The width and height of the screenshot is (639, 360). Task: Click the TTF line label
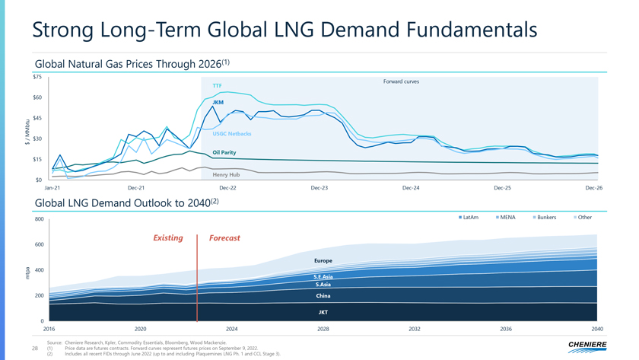(x=218, y=86)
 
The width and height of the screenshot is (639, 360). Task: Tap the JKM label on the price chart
(x=218, y=102)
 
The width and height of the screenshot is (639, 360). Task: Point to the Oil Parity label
(x=224, y=152)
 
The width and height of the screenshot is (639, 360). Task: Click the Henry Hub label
(x=226, y=174)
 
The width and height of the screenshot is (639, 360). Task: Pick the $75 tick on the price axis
(x=37, y=76)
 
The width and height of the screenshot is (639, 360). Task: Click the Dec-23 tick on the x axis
(x=319, y=187)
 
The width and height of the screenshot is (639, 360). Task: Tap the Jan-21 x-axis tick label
(x=52, y=187)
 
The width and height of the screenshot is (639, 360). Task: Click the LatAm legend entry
(x=469, y=218)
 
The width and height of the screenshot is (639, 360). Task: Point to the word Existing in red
(x=168, y=238)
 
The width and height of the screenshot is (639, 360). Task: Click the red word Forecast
(x=224, y=238)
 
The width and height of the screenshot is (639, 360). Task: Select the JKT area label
(x=323, y=312)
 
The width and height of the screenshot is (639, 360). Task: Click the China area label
(x=323, y=295)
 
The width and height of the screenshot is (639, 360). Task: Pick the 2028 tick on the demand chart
(x=323, y=329)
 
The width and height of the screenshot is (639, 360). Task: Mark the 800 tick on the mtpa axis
(x=38, y=220)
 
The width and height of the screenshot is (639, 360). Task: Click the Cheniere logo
(x=587, y=346)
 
